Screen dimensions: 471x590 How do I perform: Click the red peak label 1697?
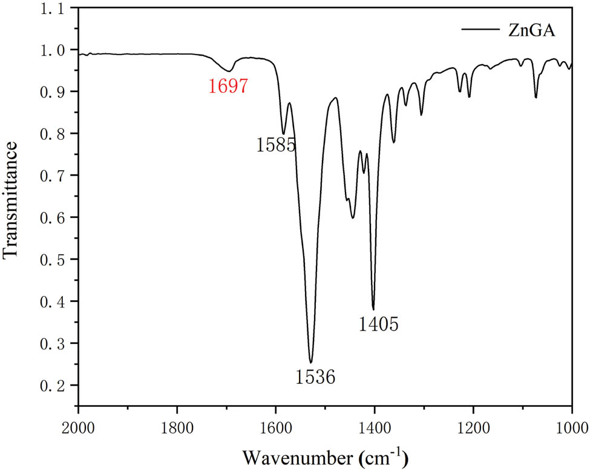click(228, 87)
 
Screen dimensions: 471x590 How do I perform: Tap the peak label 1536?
click(315, 377)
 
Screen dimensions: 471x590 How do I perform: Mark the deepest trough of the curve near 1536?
click(311, 362)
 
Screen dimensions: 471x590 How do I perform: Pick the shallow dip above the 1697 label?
click(229, 71)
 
